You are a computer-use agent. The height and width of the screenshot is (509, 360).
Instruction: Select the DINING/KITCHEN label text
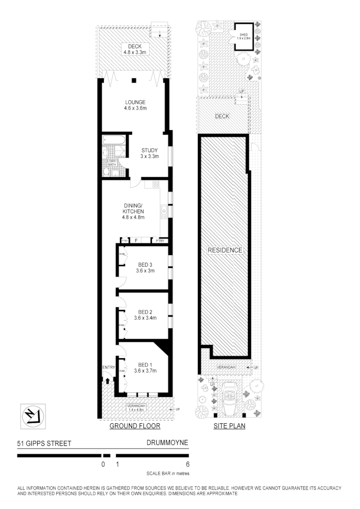click(133, 211)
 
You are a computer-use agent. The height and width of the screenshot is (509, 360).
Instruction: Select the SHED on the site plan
click(243, 36)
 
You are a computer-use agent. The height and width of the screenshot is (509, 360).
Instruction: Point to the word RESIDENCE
click(225, 250)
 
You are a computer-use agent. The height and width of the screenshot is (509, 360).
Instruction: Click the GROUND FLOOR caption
click(135, 426)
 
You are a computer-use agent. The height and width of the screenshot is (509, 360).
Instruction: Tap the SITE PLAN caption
click(229, 426)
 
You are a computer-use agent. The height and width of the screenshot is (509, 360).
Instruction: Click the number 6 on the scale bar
click(188, 464)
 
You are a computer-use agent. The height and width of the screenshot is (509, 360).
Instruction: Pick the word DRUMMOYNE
click(167, 442)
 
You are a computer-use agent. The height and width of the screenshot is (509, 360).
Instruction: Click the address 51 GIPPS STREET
click(45, 444)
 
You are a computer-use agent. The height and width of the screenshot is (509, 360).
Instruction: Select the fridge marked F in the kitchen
click(136, 241)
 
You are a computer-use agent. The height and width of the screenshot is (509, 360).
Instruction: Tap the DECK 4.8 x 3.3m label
click(134, 49)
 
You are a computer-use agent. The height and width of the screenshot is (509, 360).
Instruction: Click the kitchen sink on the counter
click(164, 211)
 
